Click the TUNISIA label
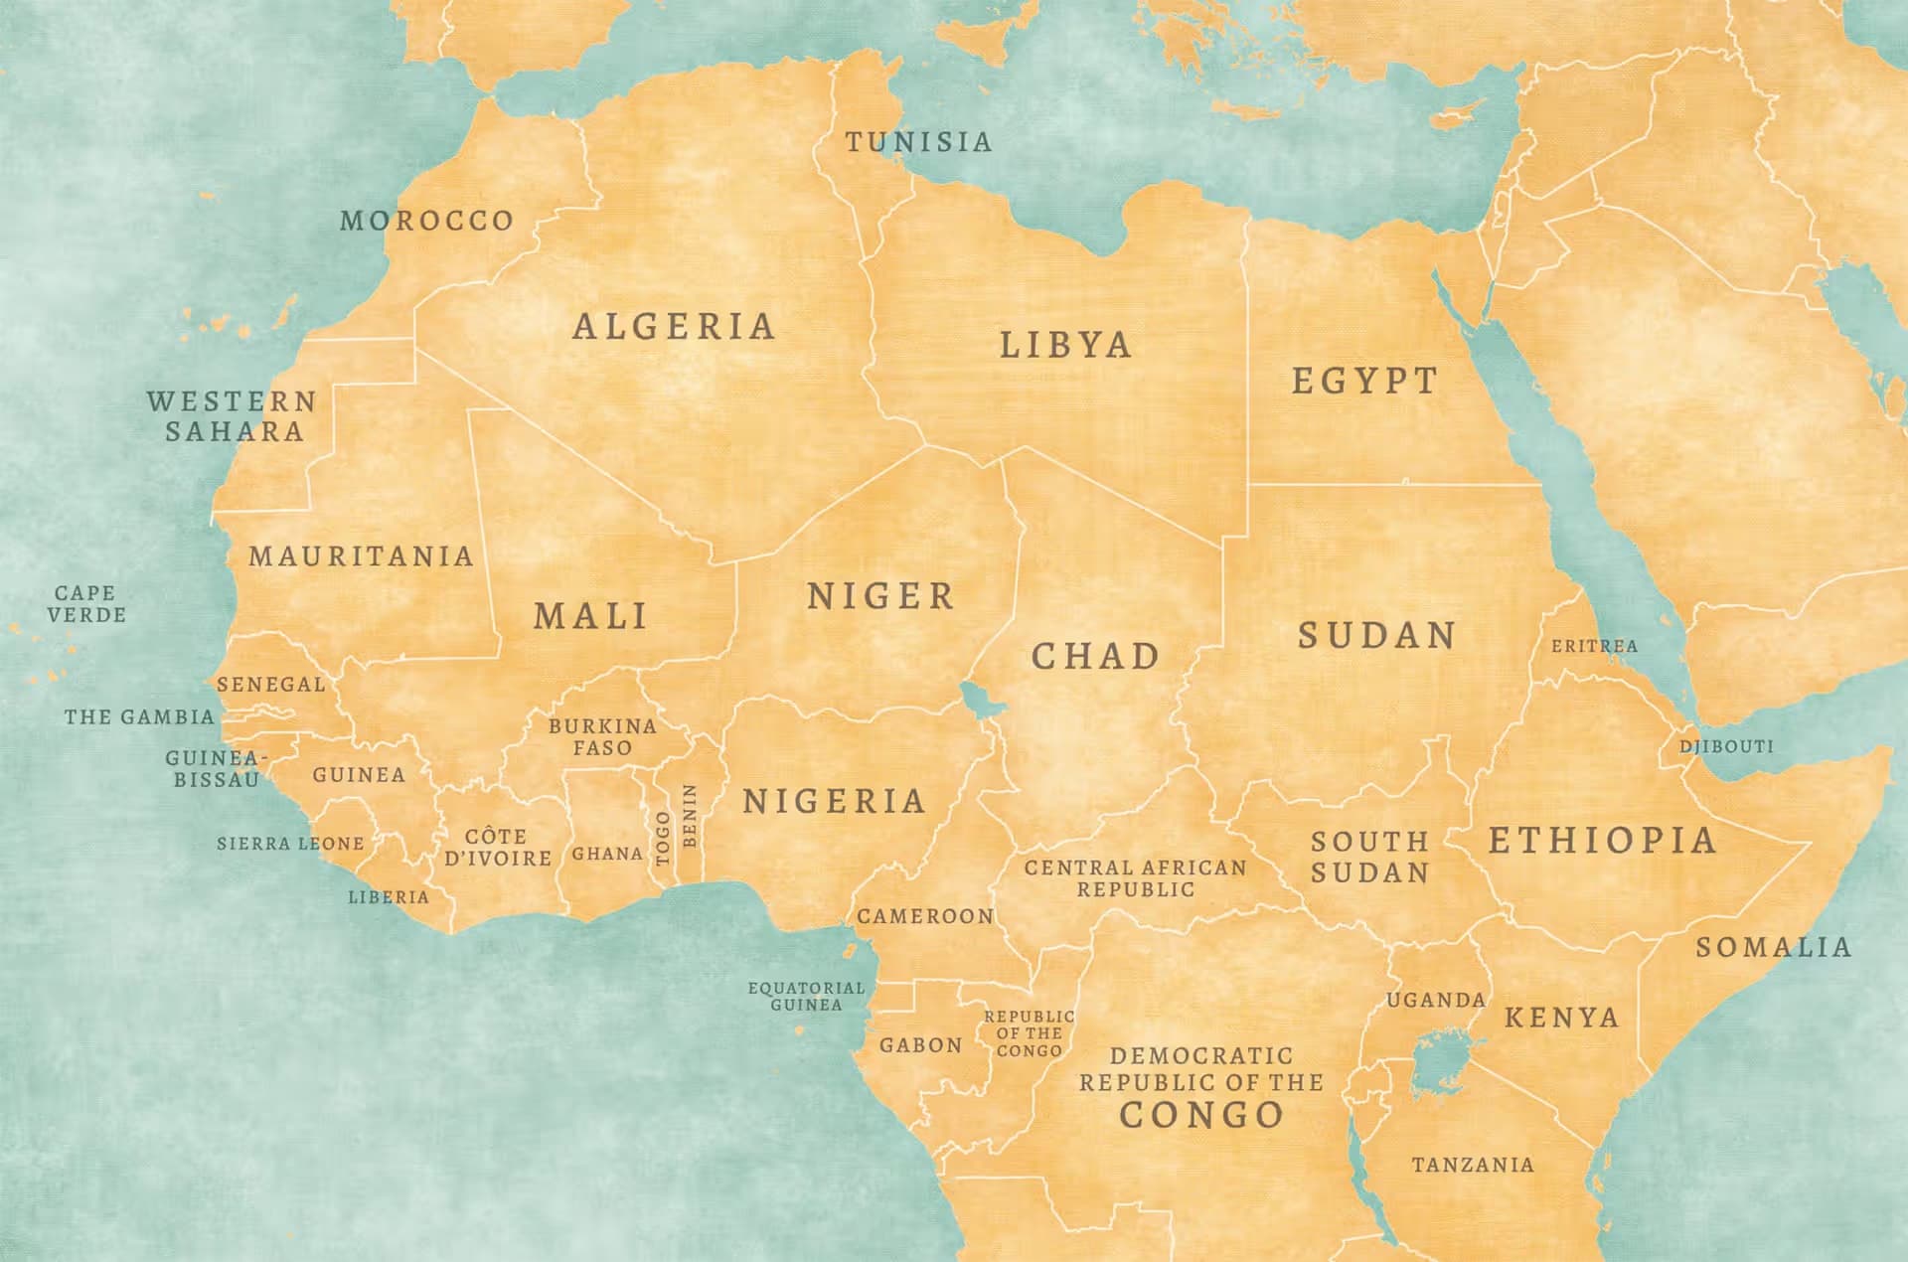[919, 142]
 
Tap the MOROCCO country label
[427, 221]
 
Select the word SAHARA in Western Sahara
[235, 432]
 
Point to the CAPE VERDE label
[86, 604]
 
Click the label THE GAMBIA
[139, 716]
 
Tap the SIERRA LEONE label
[290, 844]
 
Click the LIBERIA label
[389, 897]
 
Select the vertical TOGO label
[664, 838]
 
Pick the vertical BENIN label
[691, 816]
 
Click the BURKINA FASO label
[602, 737]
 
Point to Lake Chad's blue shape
[982, 702]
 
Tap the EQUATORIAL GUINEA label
[806, 996]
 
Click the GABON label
[920, 1045]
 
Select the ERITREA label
[1594, 646]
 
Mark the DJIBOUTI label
[1726, 746]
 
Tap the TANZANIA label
[1473, 1165]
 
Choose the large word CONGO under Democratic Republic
[1201, 1115]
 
